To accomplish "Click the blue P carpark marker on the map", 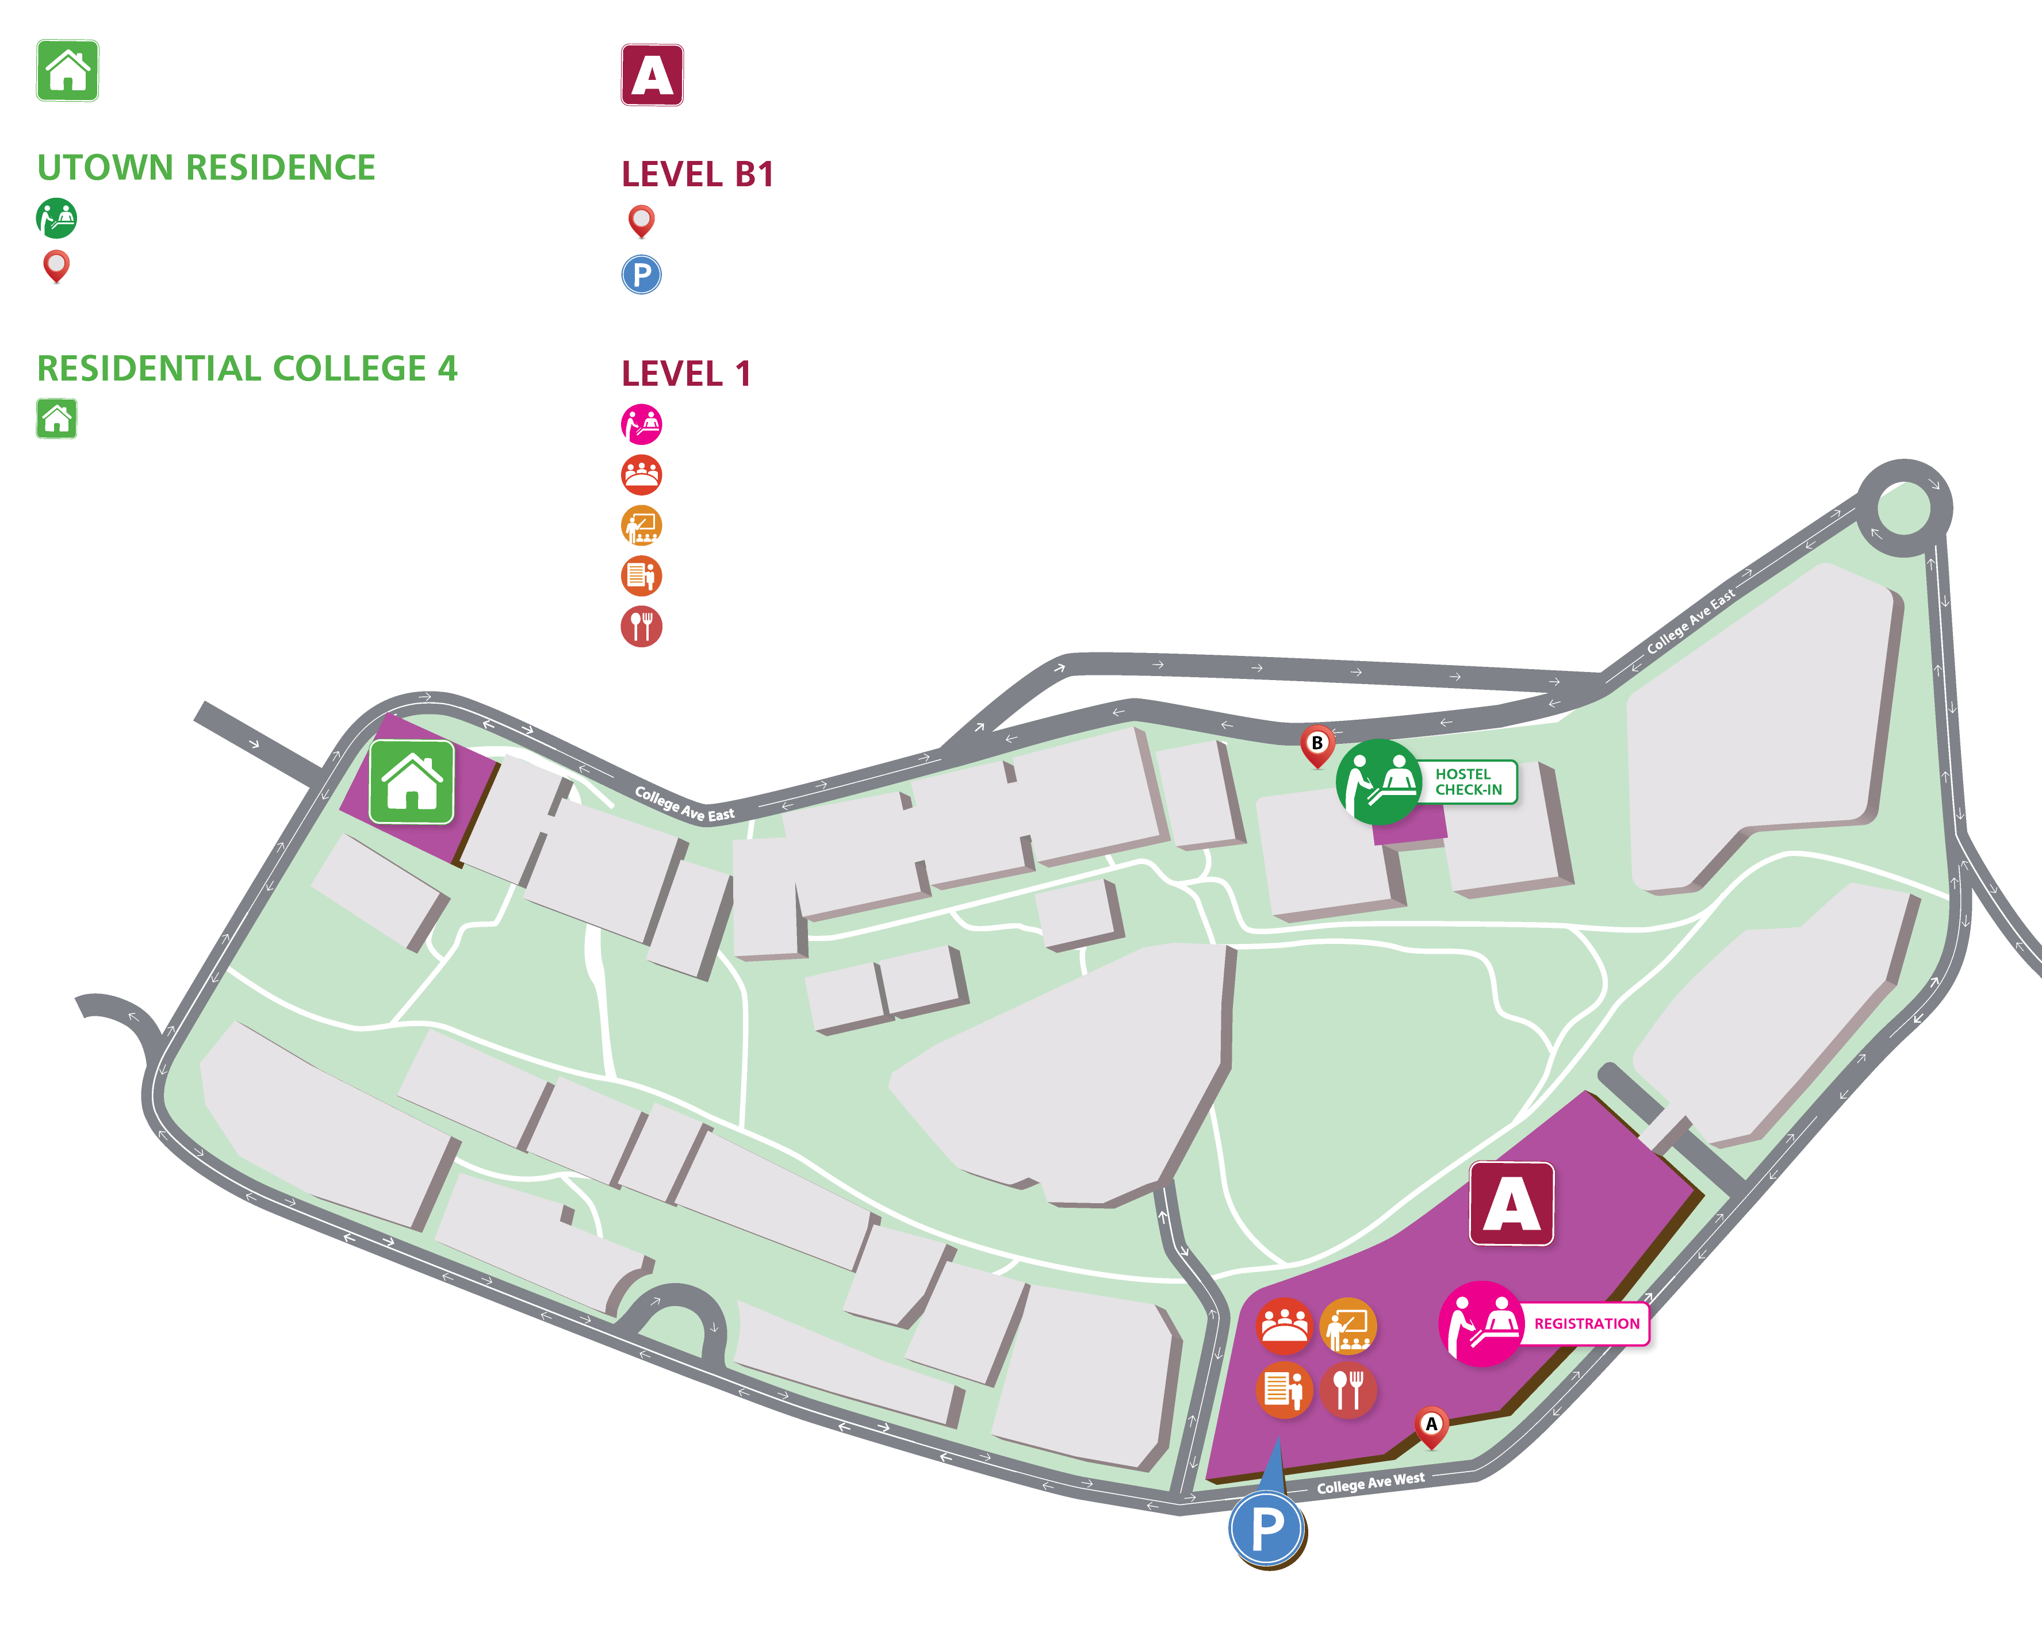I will click(x=1267, y=1527).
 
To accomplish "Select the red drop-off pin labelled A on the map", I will click(x=1431, y=1425).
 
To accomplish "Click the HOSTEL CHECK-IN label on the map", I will click(x=1469, y=782).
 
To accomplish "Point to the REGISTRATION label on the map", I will click(x=1587, y=1324).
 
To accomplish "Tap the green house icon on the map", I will click(x=411, y=782).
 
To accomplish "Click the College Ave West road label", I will click(x=1370, y=1482).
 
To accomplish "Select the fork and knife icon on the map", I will click(x=1348, y=1389).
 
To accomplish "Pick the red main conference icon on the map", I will click(x=1284, y=1325).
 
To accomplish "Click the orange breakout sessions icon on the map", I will click(x=1348, y=1325).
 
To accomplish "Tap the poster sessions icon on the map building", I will click(x=1284, y=1389).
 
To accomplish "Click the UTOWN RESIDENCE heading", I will click(x=206, y=168).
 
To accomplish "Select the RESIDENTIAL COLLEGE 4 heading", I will click(x=247, y=368).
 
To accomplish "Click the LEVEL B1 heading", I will click(x=698, y=174).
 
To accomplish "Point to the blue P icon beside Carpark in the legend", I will click(x=641, y=275).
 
